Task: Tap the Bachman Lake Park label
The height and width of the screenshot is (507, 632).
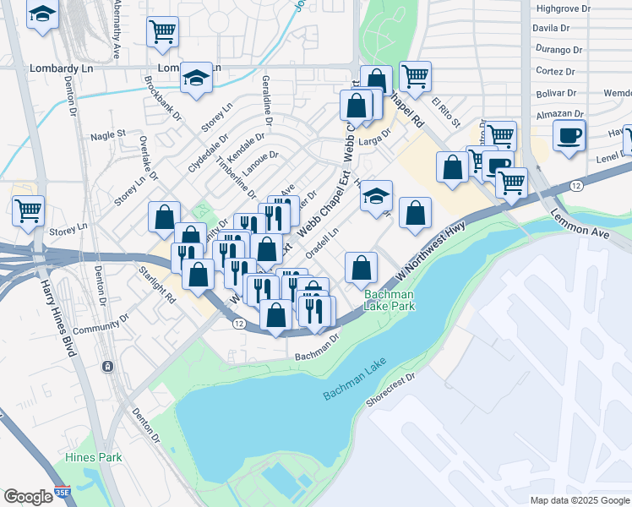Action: coord(390,300)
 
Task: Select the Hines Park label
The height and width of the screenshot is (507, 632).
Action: coord(94,457)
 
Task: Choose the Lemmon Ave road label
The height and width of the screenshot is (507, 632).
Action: coord(580,226)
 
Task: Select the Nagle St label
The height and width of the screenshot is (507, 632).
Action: coord(107,134)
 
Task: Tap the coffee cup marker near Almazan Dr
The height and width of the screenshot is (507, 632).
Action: coord(569,134)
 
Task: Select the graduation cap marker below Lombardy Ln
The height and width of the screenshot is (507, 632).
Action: coord(196,78)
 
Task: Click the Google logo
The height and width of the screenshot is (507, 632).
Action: coord(28,497)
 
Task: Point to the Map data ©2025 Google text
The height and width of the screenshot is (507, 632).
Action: coord(580,500)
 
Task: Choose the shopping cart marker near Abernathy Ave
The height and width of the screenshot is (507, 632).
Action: coord(162,31)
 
